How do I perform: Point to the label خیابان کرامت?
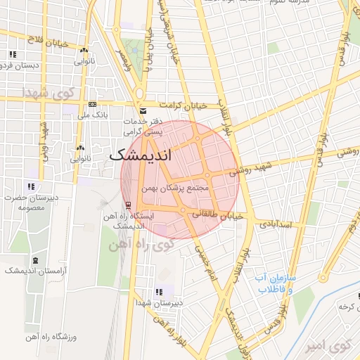coord(182,105)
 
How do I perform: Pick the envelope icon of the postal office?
coord(144,111)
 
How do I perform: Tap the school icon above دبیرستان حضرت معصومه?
coord(30,186)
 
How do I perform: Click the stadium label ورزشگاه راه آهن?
coord(71,337)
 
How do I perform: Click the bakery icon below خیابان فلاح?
coord(84,50)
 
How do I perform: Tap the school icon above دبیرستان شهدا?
coord(160,292)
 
